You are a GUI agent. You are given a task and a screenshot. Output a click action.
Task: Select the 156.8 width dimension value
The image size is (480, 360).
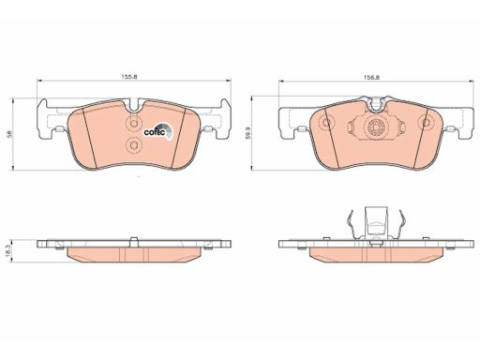click(x=371, y=77)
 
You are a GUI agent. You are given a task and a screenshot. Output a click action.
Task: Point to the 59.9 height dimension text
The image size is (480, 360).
click(x=247, y=133)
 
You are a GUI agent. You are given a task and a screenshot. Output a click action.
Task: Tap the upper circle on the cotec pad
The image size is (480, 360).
click(x=134, y=123)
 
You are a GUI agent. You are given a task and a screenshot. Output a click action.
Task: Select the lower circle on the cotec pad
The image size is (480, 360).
click(x=134, y=145)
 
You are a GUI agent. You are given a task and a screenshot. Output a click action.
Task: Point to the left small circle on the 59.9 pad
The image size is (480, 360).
click(x=326, y=122)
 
